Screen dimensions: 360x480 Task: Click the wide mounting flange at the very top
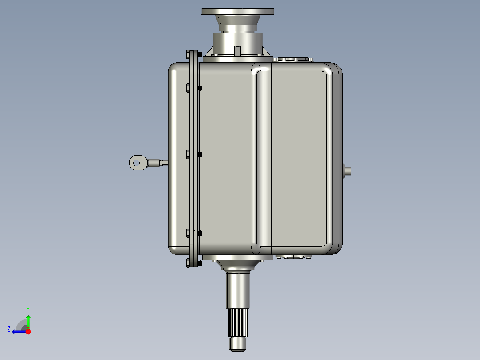(238, 11)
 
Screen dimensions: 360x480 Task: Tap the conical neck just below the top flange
(238, 21)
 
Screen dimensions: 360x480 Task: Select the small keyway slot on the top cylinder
(237, 50)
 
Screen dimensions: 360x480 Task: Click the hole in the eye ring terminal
(137, 162)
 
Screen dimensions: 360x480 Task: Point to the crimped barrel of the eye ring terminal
(154, 163)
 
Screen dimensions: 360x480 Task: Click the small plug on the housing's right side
(348, 170)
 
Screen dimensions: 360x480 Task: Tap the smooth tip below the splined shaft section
(238, 344)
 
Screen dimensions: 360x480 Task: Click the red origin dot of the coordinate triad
(28, 331)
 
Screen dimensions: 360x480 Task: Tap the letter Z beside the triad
(9, 329)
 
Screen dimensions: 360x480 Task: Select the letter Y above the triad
(28, 309)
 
